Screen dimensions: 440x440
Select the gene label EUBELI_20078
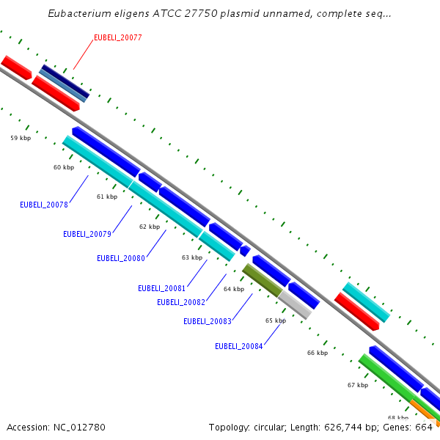[x=44, y=205]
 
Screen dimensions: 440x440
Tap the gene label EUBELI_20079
[x=87, y=235]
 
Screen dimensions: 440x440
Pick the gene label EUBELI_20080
[x=121, y=258]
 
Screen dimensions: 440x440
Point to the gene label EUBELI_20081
[x=162, y=288]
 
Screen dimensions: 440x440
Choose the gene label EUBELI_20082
[x=181, y=302]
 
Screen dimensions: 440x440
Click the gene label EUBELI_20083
[x=208, y=321]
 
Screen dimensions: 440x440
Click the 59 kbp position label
[x=21, y=138]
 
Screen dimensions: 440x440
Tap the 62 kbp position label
[x=150, y=227]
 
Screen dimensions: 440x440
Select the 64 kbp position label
[x=234, y=290]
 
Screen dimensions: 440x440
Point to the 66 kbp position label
[x=318, y=353]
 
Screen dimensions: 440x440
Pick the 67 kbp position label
[x=358, y=385]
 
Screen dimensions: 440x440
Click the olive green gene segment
[x=262, y=280]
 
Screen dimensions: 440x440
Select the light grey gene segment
[x=295, y=304]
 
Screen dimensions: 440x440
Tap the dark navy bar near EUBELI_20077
[x=65, y=80]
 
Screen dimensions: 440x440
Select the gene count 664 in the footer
[x=425, y=428]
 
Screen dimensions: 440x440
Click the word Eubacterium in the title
[x=80, y=14]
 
